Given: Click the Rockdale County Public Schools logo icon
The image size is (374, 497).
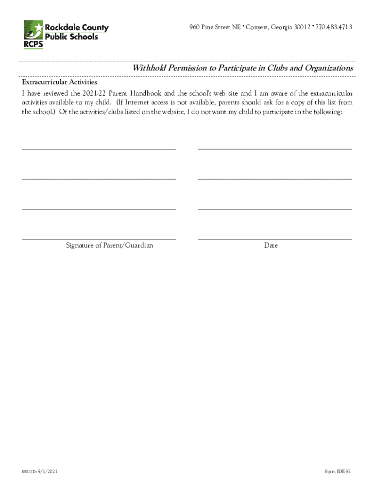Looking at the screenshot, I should click(x=34, y=30).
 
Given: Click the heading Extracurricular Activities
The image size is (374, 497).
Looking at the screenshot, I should click(x=59, y=83).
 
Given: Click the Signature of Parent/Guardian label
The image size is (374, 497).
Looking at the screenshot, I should click(x=109, y=246).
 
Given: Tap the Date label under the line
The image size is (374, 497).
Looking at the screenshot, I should click(x=271, y=246).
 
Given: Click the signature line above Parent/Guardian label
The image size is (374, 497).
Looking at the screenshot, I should click(x=99, y=239).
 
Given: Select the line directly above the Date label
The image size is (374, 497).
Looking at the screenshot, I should click(x=274, y=239).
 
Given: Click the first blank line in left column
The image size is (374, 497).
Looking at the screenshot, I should click(x=99, y=149).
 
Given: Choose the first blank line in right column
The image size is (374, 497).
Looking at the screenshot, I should click(x=274, y=149).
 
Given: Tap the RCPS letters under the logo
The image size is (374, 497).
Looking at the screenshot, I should click(x=33, y=46).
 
